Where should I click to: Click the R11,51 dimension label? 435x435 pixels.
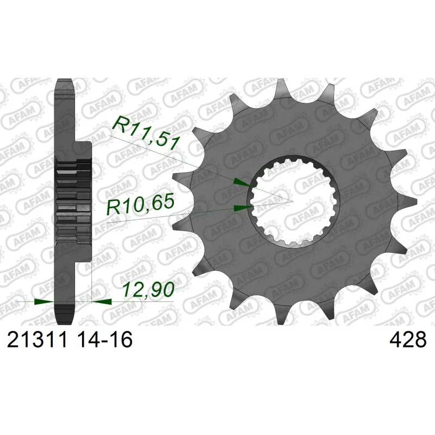[145, 133]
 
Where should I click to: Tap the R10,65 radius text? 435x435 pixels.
[140, 204]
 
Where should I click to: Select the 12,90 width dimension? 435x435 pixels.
[148, 289]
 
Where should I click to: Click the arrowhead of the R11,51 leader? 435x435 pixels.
[241, 183]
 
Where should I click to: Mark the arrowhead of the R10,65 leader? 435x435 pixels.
[243, 208]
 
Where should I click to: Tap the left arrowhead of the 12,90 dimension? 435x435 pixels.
[43, 302]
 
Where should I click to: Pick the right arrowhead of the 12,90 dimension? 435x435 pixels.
[102, 302]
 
